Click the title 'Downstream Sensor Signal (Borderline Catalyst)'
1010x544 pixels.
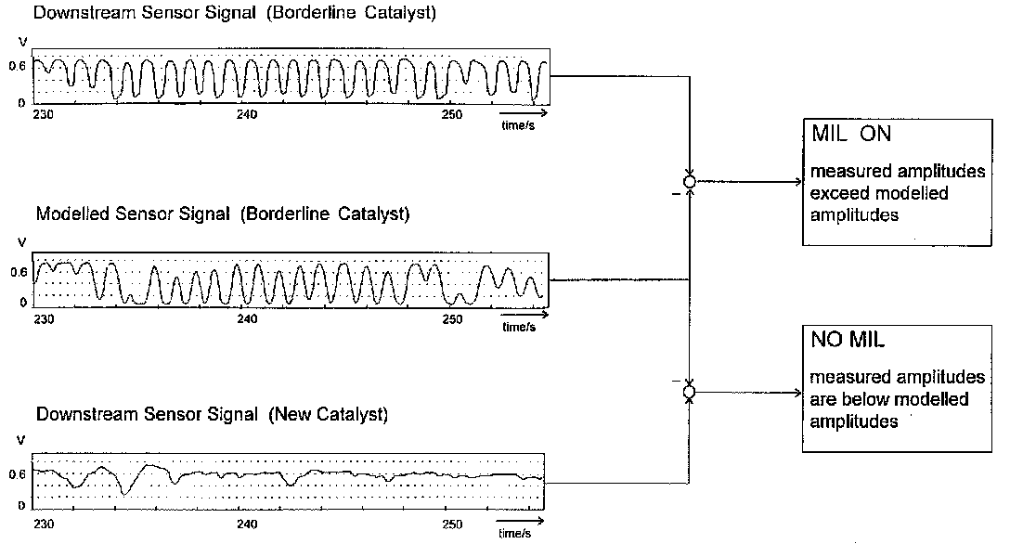coord(222,15)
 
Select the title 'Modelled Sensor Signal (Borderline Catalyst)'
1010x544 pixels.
coord(222,214)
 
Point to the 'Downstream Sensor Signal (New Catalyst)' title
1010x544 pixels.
coord(211,415)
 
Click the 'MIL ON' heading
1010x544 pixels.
coord(851,134)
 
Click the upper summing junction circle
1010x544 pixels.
coord(689,182)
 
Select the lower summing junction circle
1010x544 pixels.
coord(689,393)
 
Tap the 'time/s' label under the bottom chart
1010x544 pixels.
coord(513,534)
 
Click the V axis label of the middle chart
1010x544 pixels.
coord(22,244)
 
